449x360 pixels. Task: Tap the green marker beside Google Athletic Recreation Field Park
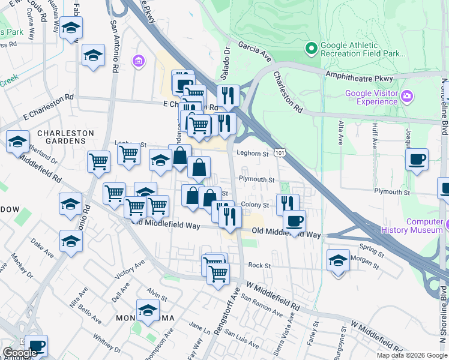[312, 47]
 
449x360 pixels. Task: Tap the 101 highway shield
[280, 154]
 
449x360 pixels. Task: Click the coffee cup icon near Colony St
[294, 221]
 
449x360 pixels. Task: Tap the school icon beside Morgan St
[339, 261]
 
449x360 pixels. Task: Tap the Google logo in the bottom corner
[20, 352]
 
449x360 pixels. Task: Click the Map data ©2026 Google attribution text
[411, 355]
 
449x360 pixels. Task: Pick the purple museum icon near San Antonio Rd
[139, 61]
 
